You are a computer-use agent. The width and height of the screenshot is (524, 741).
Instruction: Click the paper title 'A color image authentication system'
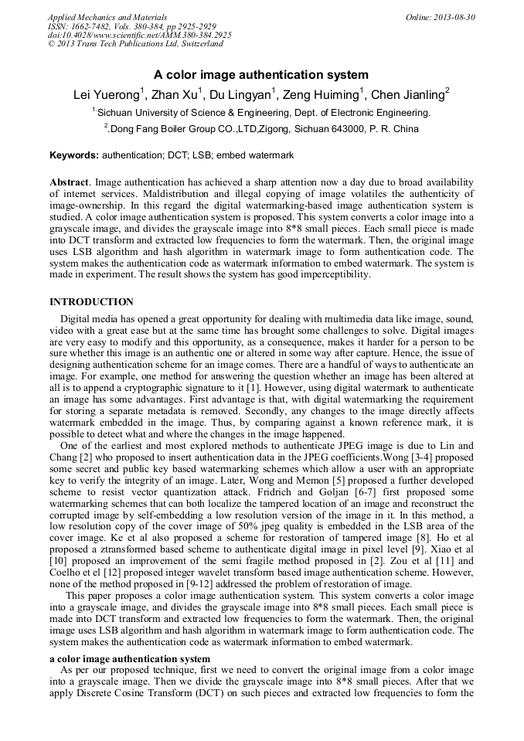point(260,75)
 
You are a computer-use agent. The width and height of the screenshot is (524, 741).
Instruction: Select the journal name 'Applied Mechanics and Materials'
point(107,17)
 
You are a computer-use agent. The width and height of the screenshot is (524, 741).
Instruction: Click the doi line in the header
point(139,36)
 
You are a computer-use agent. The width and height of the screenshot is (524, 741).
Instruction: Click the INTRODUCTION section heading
point(91,302)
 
